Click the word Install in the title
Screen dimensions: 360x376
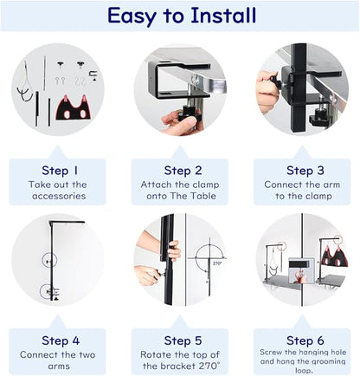coord(223,16)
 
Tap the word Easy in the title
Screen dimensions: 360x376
coord(132,16)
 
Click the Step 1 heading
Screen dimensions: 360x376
coord(60,171)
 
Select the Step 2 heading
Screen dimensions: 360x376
coord(183,171)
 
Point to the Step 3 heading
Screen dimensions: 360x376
coord(305,171)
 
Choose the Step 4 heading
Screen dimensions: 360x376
coord(61,340)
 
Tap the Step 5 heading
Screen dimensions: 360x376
coord(183,340)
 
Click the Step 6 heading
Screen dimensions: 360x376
coord(305,340)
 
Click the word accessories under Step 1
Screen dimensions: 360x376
coord(59,196)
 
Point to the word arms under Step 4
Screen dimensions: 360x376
coord(59,366)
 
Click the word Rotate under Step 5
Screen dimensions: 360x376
coord(156,354)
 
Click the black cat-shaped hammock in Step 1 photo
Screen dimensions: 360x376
coord(73,107)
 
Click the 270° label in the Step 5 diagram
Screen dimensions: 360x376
coord(217,263)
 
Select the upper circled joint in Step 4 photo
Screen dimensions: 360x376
coord(49,261)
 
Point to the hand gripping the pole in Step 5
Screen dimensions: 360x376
coord(175,250)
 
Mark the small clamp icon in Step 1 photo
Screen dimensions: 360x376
coord(93,75)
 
